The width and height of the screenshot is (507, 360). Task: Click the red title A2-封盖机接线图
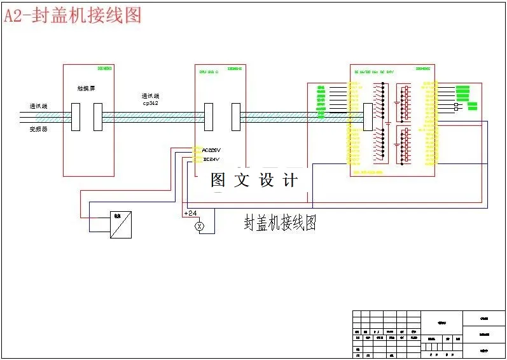(x=73, y=15)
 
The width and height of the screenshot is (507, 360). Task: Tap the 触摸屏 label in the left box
(x=87, y=89)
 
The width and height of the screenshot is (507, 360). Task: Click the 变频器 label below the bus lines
(x=38, y=129)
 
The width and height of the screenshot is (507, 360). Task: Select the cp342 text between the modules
(x=150, y=102)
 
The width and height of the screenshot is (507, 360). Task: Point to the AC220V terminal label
(x=211, y=150)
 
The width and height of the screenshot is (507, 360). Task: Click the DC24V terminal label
(x=211, y=158)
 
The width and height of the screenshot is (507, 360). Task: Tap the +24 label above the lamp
(x=190, y=212)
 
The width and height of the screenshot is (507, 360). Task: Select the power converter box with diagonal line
(x=120, y=225)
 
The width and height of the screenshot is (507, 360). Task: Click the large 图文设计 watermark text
(x=254, y=180)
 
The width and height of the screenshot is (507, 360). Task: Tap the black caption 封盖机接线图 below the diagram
(x=280, y=223)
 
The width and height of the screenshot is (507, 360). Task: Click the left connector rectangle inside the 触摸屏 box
(x=76, y=117)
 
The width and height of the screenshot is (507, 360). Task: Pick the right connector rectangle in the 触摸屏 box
(x=97, y=117)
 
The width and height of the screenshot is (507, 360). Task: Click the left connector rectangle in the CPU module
(x=209, y=117)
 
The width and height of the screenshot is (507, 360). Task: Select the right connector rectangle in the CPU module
(x=236, y=117)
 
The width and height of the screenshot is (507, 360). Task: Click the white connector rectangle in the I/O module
(x=367, y=118)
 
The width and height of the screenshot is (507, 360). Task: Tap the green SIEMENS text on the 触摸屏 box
(x=104, y=68)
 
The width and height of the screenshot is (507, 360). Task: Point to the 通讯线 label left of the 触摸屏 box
(x=38, y=106)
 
